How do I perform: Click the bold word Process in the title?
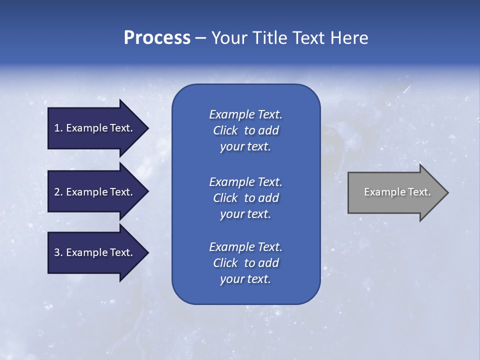(x=157, y=38)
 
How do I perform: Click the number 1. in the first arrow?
(x=58, y=128)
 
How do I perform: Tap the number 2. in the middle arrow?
(x=58, y=192)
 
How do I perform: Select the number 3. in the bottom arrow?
(x=58, y=252)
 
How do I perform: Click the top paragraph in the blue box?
(x=245, y=130)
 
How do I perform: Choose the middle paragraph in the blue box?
(x=245, y=198)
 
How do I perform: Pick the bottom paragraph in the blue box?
(x=245, y=263)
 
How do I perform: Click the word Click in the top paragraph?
(x=225, y=130)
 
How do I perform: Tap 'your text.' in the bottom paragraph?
(x=245, y=279)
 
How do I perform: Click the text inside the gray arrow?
(x=397, y=192)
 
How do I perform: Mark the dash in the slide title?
(x=200, y=38)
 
